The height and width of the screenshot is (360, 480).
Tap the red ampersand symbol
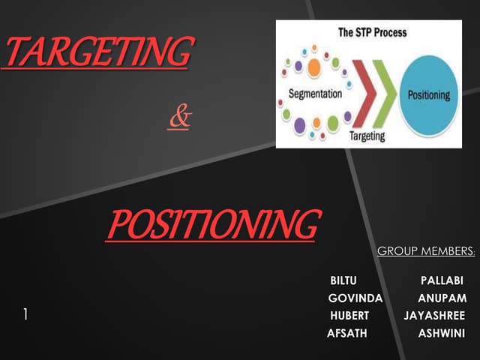[x=179, y=118]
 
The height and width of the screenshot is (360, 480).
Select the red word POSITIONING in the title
[x=212, y=224]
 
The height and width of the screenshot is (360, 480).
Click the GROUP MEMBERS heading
[x=425, y=250]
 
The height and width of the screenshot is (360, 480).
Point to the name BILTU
[x=343, y=280]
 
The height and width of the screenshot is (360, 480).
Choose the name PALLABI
[x=442, y=280]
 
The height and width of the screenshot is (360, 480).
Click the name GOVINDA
[x=355, y=298]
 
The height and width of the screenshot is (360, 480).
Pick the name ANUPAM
[x=442, y=298]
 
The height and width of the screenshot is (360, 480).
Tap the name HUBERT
[x=349, y=315]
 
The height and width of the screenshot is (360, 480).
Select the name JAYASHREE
[x=434, y=315]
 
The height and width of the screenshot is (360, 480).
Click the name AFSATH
[x=347, y=333]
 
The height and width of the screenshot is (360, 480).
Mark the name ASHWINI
[x=441, y=333]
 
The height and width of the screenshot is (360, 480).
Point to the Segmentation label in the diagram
[x=315, y=94]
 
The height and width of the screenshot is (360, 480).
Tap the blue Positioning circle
[x=428, y=95]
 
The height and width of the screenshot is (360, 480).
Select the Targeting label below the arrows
[x=367, y=136]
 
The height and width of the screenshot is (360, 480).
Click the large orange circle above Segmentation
[x=313, y=67]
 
